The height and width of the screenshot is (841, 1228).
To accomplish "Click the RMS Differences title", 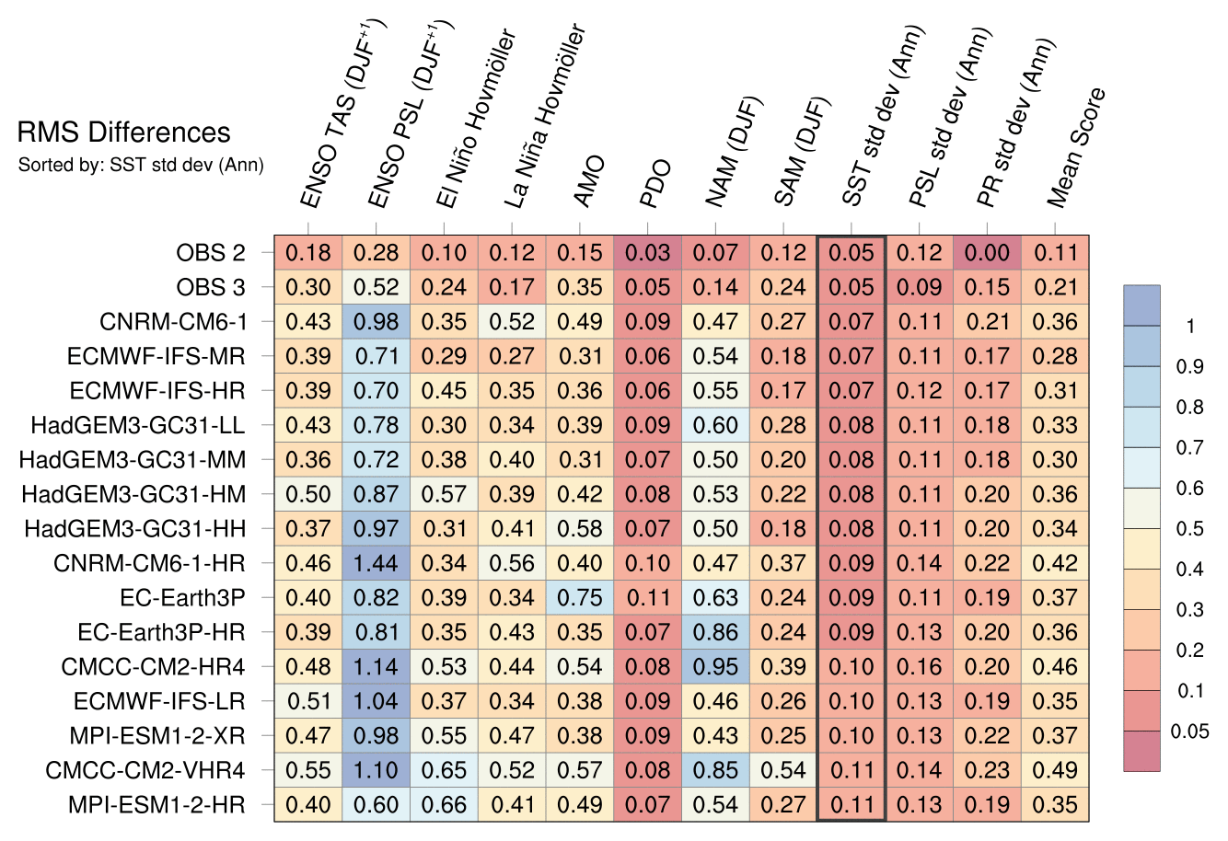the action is (124, 132).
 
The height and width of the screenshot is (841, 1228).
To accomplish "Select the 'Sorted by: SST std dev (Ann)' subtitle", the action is (141, 165).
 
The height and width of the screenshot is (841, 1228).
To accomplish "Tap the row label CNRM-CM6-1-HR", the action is (149, 563).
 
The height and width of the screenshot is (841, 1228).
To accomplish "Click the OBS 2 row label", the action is (211, 252).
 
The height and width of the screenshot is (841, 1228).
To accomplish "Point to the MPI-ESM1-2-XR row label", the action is (157, 736).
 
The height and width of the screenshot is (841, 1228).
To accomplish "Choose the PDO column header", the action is (656, 183).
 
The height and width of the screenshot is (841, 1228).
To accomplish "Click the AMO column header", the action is (589, 180).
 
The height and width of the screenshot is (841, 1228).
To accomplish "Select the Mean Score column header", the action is (1076, 147).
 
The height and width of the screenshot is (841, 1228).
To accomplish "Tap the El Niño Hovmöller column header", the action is (476, 118).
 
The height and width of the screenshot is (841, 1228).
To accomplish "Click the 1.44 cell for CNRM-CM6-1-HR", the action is (377, 563).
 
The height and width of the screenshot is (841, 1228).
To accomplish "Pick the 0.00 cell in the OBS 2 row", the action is (988, 252).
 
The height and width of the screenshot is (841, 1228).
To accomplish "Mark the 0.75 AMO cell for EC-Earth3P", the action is (580, 598).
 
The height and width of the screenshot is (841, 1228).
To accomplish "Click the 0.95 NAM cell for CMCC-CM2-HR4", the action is (716, 667).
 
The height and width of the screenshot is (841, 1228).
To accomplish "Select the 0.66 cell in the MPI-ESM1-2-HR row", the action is (444, 805).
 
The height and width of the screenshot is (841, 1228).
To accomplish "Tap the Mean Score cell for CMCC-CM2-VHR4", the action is (1055, 770).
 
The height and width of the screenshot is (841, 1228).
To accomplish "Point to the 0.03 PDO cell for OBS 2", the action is (648, 252).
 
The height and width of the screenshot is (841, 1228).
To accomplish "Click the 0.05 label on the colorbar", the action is (1189, 732).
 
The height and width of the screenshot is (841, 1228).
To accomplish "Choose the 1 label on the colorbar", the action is (1190, 327).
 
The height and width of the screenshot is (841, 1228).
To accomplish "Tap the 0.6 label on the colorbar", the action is (1189, 489).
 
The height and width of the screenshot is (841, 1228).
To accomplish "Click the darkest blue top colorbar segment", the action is (1141, 305).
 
